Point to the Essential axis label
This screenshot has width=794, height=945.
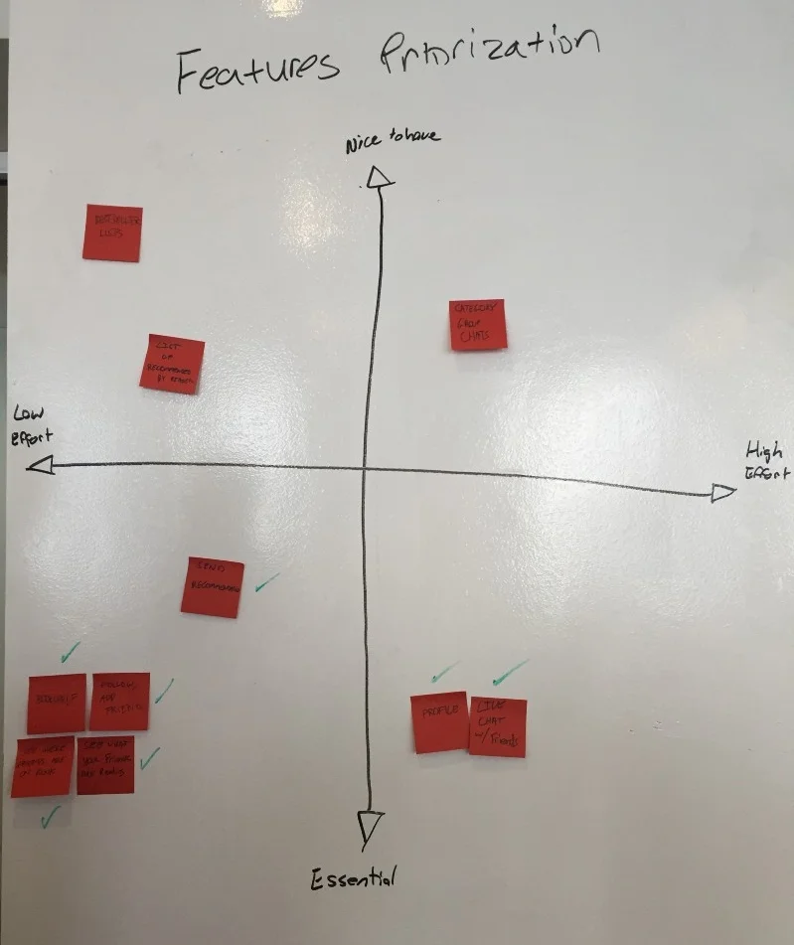point(354,877)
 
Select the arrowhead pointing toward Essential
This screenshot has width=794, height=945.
point(370,825)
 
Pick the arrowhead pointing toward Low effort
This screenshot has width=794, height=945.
point(41,464)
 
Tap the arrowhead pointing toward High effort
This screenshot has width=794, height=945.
point(723,492)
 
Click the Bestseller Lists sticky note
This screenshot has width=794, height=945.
point(112,233)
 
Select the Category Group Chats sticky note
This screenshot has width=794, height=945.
point(478,325)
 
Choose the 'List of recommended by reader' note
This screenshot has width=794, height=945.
point(172,364)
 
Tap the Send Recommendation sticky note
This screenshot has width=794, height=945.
point(213,587)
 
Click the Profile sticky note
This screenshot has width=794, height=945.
point(439,721)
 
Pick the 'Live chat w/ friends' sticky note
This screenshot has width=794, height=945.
point(497,726)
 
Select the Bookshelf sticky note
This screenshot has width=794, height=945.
point(57,704)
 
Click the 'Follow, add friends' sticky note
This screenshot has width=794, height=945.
point(120,702)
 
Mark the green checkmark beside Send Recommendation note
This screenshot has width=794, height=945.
point(265,583)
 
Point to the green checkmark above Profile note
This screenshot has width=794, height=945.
point(444,673)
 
